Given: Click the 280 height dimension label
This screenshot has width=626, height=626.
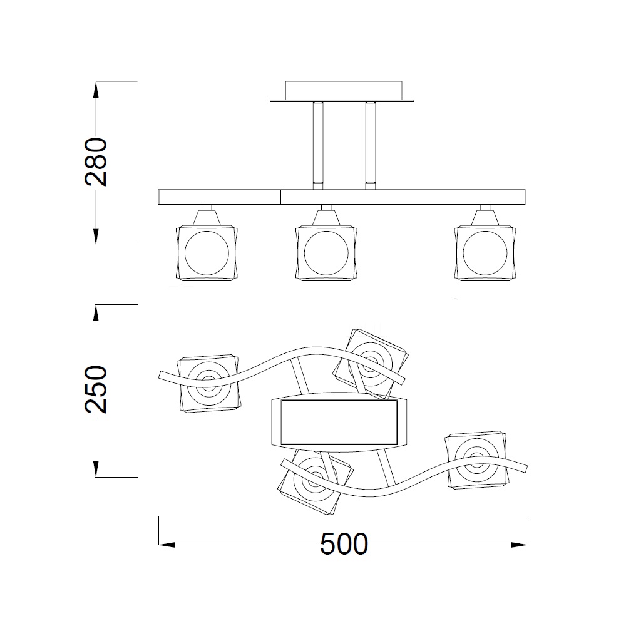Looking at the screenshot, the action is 96,162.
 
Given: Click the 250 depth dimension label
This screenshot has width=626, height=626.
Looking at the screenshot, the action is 96,389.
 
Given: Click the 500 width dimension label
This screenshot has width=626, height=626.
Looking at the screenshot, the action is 344,544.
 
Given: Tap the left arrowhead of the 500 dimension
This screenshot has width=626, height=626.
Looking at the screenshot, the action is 167,545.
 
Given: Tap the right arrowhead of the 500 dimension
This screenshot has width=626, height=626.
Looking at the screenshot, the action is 520,545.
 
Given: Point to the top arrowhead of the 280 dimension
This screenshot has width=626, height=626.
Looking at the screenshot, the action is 96,90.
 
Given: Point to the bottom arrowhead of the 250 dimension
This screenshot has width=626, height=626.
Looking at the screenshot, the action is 96,469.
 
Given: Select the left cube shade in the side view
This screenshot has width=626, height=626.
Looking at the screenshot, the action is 207,253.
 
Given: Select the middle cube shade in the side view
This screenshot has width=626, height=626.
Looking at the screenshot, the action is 326,253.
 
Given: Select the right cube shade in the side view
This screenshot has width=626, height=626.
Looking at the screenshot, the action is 485,253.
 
